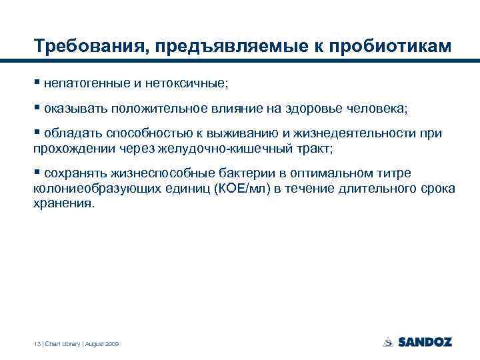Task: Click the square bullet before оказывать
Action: point(37,107)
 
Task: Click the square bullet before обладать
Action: point(37,133)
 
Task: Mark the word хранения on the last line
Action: point(64,203)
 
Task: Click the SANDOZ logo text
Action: point(425,342)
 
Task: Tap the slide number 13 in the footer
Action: point(37,343)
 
